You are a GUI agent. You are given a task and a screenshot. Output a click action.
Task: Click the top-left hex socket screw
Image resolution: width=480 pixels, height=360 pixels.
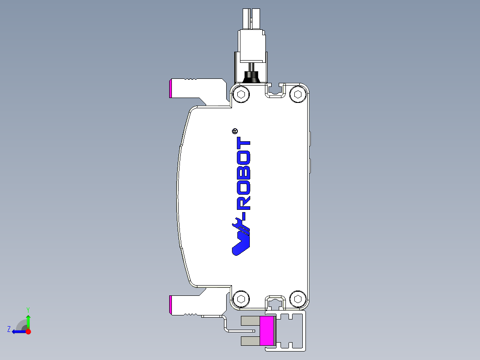click(x=241, y=94)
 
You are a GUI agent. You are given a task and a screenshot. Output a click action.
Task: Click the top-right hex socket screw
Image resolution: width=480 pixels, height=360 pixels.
click(x=297, y=94)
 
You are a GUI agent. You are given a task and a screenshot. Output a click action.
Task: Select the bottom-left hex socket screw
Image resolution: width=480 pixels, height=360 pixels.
click(x=241, y=299)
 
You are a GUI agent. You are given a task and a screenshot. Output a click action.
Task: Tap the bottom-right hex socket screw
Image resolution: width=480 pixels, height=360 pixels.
click(x=297, y=299)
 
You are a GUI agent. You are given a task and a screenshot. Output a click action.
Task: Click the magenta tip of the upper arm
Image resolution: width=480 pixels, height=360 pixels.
click(x=171, y=88)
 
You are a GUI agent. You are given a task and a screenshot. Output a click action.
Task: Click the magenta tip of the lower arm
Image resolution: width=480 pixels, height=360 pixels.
click(x=171, y=304)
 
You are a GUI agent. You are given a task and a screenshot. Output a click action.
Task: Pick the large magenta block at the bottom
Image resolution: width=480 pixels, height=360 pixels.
click(x=267, y=330)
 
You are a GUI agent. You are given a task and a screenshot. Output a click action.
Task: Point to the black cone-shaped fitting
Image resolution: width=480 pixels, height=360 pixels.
click(x=252, y=78)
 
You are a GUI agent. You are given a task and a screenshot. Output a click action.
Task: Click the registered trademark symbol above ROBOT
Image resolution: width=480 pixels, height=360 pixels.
click(x=235, y=131)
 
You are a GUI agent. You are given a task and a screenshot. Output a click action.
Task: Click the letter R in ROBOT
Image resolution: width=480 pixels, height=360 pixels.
click(x=243, y=202)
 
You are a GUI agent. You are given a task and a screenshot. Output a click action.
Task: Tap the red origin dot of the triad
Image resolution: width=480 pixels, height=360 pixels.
click(x=28, y=331)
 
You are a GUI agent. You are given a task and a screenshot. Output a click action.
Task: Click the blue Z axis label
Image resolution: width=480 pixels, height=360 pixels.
click(x=8, y=329)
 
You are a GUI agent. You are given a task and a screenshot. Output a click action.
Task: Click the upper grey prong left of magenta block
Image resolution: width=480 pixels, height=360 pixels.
click(x=250, y=320)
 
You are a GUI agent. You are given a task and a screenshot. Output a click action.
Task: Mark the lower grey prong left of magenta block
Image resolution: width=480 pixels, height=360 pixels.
click(x=250, y=341)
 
